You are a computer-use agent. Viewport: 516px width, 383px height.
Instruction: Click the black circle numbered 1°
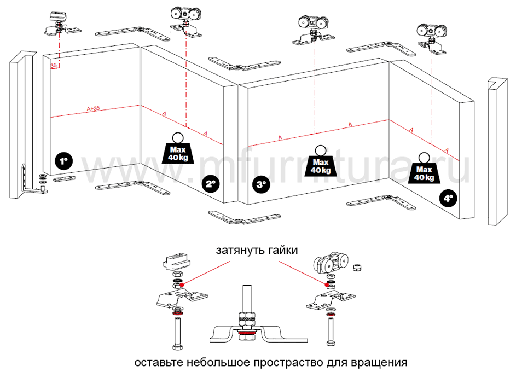[64, 161]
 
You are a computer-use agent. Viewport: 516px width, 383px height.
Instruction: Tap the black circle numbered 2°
[211, 184]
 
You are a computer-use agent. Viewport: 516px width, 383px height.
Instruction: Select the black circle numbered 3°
[262, 184]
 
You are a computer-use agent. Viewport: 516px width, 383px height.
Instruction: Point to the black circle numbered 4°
[448, 199]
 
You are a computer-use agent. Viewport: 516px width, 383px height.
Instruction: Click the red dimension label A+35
[93, 108]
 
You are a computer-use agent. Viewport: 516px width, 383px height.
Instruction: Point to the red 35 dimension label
[54, 66]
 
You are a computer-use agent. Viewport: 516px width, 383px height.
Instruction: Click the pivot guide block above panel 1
[59, 16]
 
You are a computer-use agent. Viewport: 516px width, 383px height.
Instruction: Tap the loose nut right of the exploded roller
[356, 267]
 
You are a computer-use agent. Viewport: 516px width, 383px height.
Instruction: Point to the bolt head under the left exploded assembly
[178, 346]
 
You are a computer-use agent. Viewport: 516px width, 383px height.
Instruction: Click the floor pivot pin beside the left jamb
[43, 189]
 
